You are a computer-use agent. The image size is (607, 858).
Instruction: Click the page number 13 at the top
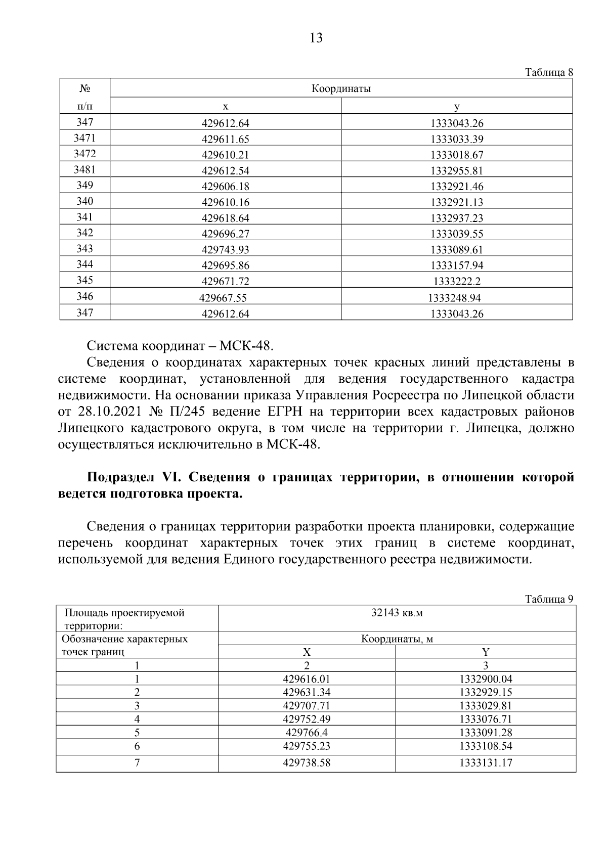click(x=315, y=38)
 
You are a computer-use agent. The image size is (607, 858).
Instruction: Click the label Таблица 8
click(x=549, y=72)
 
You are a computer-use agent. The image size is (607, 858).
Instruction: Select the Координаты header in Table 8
click(x=341, y=89)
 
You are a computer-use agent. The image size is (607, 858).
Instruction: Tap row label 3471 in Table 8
click(x=84, y=138)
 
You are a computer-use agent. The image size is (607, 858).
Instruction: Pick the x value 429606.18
click(x=225, y=187)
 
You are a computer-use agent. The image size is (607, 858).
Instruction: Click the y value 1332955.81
click(x=457, y=171)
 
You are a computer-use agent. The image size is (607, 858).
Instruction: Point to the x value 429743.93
click(x=225, y=250)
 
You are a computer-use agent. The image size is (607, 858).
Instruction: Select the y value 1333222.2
click(x=457, y=282)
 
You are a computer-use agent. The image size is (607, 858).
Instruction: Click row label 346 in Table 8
click(x=84, y=296)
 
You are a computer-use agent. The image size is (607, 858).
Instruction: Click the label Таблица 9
click(x=549, y=599)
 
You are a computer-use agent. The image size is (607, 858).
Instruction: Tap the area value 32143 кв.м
click(x=397, y=613)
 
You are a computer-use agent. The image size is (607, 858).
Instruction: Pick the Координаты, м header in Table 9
click(x=397, y=639)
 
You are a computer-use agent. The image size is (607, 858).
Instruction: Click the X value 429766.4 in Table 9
click(x=306, y=733)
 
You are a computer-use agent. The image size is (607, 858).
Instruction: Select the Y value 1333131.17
click(x=486, y=763)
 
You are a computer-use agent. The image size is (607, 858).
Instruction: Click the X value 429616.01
click(x=306, y=680)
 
